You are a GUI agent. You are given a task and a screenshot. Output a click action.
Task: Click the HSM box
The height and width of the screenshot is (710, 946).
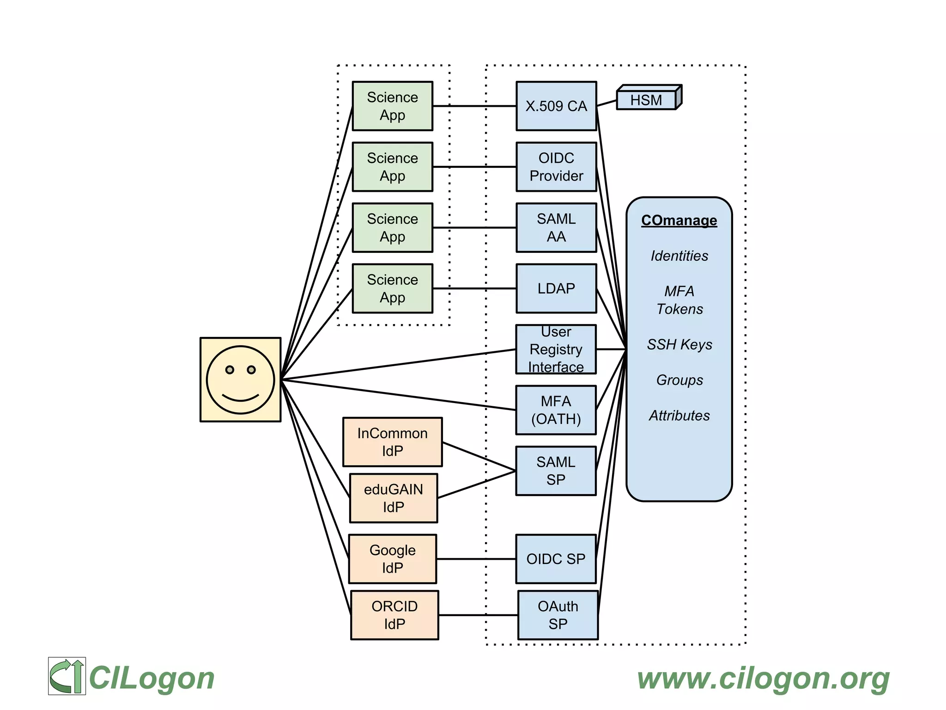(647, 100)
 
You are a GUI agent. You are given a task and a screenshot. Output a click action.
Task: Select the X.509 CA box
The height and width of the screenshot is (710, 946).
(556, 106)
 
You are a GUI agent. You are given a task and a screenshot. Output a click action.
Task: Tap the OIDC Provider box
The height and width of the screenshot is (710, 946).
(556, 167)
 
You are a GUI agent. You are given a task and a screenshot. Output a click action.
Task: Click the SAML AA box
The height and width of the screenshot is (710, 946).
(556, 227)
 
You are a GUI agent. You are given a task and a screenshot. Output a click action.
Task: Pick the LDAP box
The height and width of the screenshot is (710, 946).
(556, 288)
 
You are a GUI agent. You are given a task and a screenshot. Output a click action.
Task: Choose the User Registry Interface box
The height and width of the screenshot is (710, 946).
(556, 349)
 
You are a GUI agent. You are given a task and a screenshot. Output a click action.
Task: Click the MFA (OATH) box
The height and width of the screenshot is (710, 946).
(556, 410)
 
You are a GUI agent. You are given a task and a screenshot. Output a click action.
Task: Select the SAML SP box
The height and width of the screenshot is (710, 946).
(556, 471)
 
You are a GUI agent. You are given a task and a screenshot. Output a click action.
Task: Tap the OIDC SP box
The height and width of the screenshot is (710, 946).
(556, 559)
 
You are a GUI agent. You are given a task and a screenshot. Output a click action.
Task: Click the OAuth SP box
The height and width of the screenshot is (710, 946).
(558, 615)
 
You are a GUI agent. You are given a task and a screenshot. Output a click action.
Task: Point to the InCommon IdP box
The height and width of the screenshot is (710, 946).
(392, 442)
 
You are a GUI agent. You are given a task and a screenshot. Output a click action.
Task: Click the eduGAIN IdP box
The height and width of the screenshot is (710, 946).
(394, 498)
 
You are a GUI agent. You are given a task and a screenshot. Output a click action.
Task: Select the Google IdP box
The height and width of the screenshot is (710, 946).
(392, 559)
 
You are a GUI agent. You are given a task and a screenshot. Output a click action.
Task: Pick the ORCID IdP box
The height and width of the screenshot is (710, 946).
(394, 615)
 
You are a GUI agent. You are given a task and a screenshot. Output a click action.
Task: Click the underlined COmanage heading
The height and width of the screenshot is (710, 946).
(679, 220)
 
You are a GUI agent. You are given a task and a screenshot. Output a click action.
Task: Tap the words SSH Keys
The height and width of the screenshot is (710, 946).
(679, 344)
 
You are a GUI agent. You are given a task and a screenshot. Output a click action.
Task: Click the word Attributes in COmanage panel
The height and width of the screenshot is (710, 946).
(679, 416)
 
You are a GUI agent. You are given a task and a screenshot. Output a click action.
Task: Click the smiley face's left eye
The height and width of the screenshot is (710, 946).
(230, 370)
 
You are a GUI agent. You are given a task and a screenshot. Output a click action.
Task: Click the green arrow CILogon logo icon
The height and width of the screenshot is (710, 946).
(67, 676)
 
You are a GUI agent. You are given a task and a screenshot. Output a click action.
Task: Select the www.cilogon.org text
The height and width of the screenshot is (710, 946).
(763, 679)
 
